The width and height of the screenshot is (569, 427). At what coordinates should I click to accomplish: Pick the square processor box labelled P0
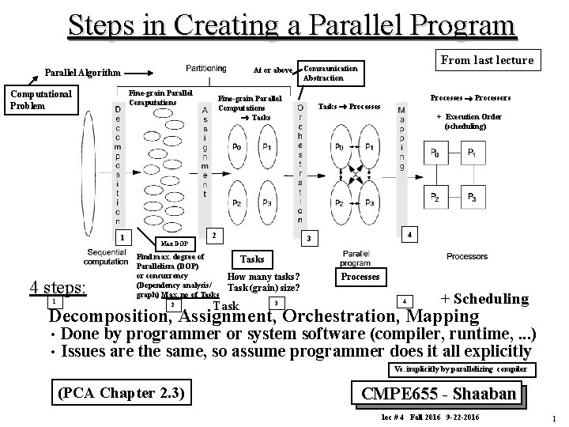tap(435, 153)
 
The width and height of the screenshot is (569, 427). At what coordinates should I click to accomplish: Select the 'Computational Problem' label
tap(40, 100)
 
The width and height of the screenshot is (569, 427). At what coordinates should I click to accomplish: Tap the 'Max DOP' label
tap(175, 244)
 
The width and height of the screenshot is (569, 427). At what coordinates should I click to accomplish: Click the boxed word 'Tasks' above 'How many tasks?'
tap(251, 259)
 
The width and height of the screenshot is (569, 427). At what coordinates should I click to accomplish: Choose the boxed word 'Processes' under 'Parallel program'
tap(361, 277)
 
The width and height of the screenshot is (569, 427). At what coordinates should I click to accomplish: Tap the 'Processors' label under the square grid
tap(466, 256)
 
